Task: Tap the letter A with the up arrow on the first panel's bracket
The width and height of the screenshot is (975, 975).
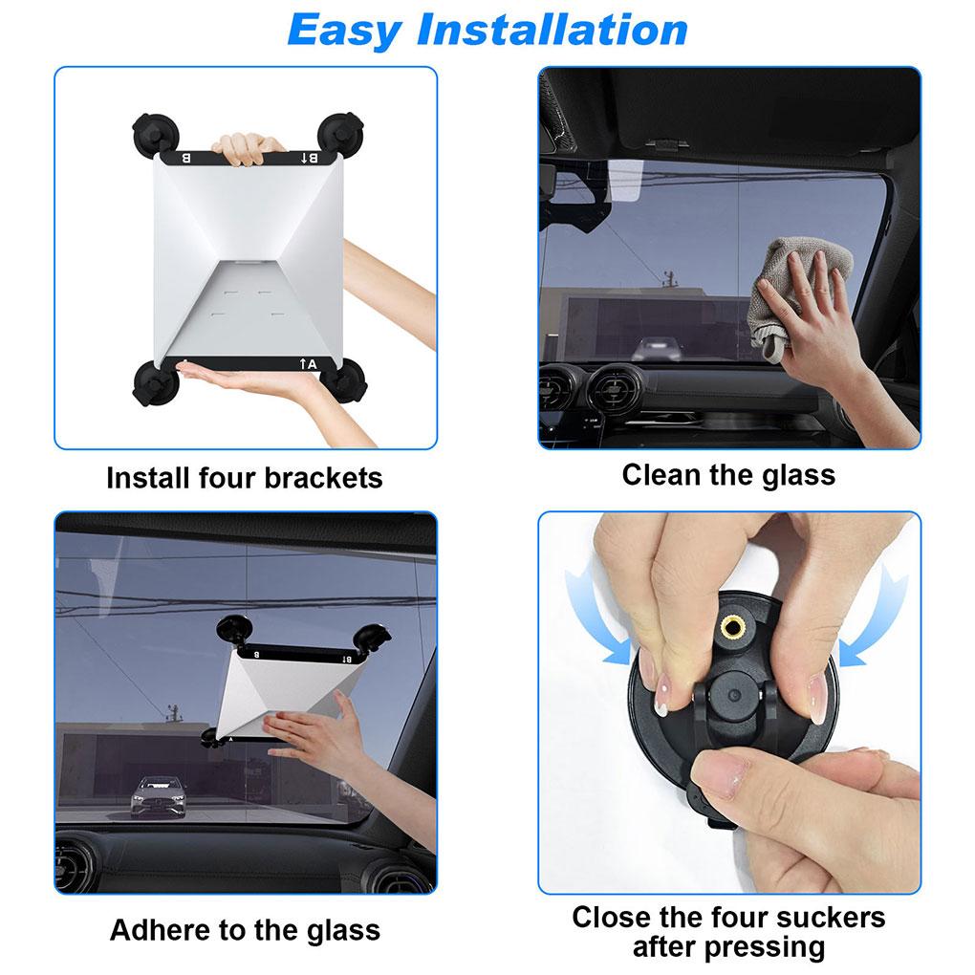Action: coord(307,363)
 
